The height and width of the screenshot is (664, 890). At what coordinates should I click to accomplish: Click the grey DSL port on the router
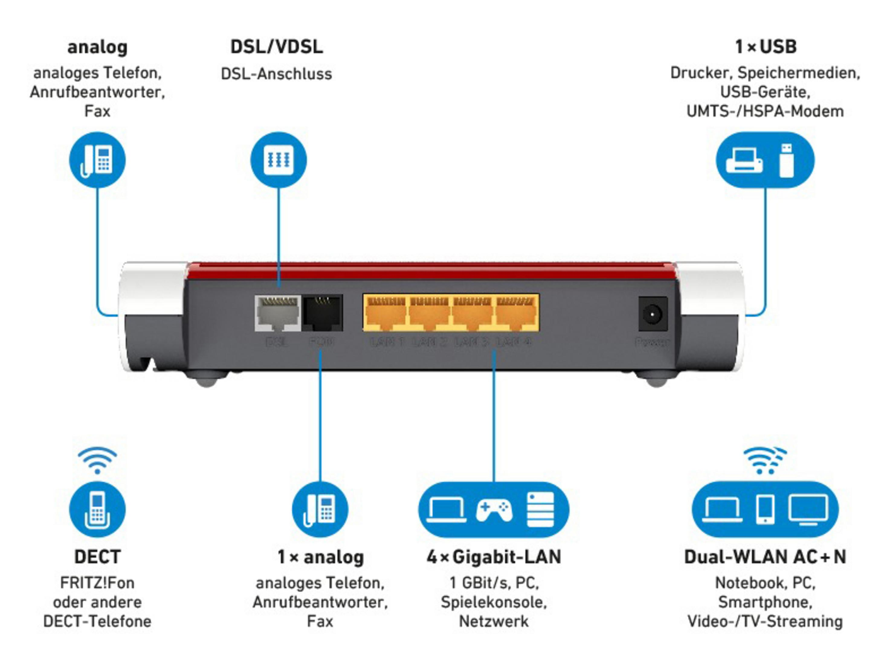coord(277,313)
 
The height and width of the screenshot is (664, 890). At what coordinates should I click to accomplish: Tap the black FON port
coord(322,313)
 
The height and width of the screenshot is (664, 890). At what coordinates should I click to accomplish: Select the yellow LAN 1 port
coord(385,312)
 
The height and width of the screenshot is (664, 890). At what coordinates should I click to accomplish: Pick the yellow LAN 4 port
coord(517,312)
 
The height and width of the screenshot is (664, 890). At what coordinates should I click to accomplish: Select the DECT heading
coord(97,557)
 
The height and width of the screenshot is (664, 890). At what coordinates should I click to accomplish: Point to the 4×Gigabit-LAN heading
coord(494,557)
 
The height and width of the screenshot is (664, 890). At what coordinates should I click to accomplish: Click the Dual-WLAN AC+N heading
coord(765,557)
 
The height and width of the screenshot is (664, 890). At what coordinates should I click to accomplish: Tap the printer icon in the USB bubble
coord(744,160)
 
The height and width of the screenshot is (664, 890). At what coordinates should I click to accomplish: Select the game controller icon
coord(494,510)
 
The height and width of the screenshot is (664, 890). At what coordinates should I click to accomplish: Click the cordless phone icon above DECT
coord(97,510)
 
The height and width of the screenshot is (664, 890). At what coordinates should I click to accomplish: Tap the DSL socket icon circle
coord(279,160)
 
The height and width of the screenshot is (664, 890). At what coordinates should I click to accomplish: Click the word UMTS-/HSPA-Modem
coord(765,111)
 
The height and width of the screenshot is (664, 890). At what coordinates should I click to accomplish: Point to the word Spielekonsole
coord(494,602)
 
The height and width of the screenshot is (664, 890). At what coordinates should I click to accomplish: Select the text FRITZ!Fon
coord(97,583)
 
